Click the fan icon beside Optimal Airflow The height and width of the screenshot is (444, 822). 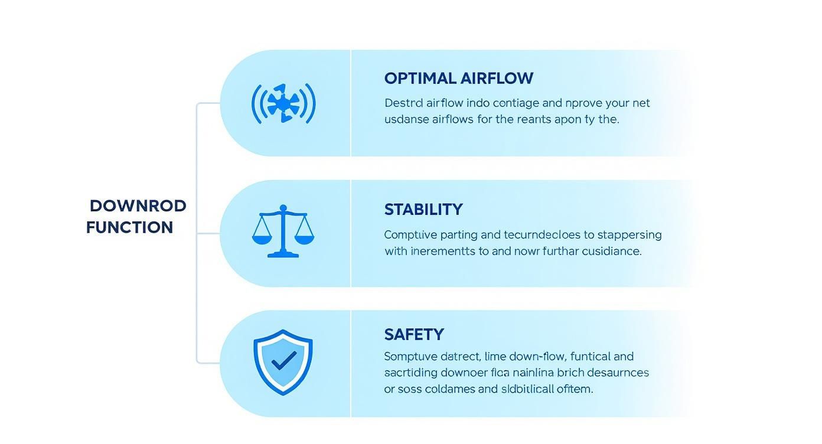click(x=283, y=103)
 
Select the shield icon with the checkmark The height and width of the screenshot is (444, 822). click(x=283, y=361)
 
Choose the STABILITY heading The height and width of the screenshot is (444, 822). click(x=423, y=210)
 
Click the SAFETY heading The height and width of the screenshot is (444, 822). click(x=413, y=335)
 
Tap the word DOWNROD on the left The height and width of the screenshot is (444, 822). click(x=138, y=206)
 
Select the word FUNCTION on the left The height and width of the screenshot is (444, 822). click(x=129, y=227)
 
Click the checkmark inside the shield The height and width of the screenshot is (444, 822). click(x=284, y=360)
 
